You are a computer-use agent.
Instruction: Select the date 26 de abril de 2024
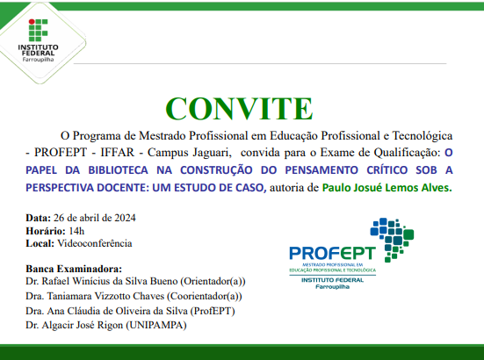click(x=94, y=217)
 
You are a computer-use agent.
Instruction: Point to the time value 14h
click(x=65, y=229)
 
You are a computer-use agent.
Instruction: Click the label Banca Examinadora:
click(x=74, y=268)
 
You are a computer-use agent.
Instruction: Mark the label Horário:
click(x=41, y=229)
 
